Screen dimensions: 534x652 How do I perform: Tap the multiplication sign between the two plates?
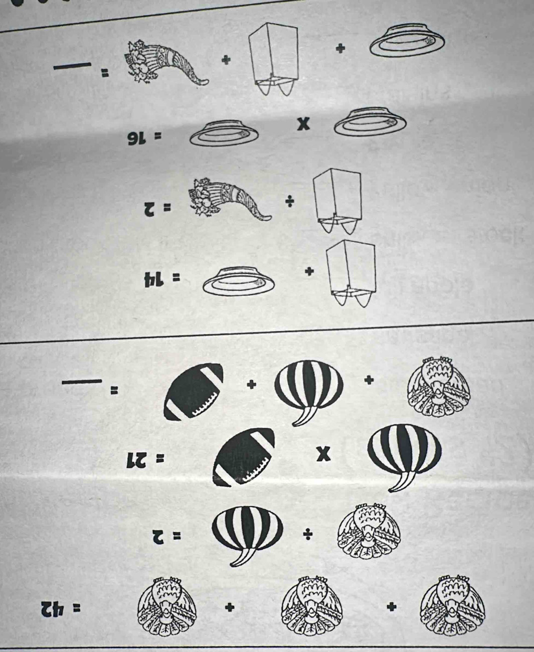(305, 124)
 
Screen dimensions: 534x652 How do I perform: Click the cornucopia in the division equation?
(229, 200)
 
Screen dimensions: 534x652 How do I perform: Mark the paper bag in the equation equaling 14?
(351, 275)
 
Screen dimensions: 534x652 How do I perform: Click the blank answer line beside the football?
(82, 381)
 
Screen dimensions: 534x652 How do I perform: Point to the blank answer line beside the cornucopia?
(73, 66)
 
